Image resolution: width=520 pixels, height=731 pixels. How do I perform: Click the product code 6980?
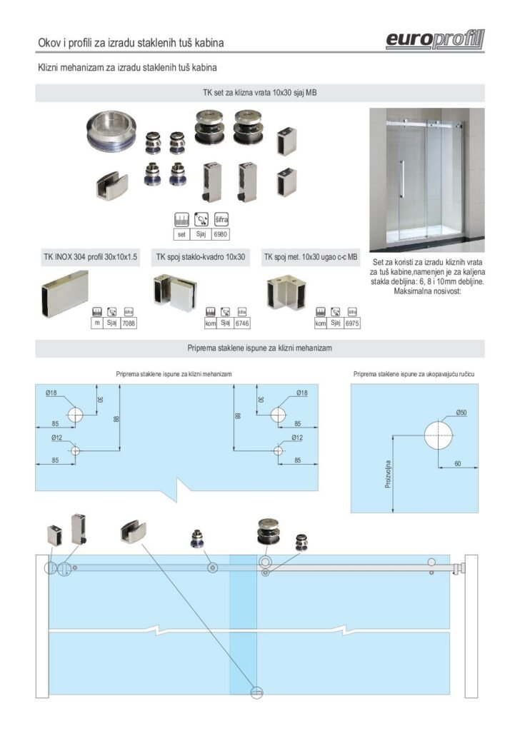tap(221, 234)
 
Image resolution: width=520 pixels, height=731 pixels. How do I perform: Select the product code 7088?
tap(129, 324)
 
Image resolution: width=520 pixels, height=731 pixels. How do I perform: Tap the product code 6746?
tap(242, 324)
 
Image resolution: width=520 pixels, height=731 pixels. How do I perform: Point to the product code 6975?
tap(351, 324)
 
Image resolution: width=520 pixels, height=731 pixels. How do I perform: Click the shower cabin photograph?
tap(426, 179)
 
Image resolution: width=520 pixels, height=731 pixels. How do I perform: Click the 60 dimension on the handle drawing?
tap(457, 463)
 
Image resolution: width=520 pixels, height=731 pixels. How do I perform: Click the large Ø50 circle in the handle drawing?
tap(438, 435)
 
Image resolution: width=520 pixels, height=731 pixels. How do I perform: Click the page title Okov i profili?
tap(131, 44)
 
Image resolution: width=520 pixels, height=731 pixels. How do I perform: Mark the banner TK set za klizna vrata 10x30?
tap(260, 93)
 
